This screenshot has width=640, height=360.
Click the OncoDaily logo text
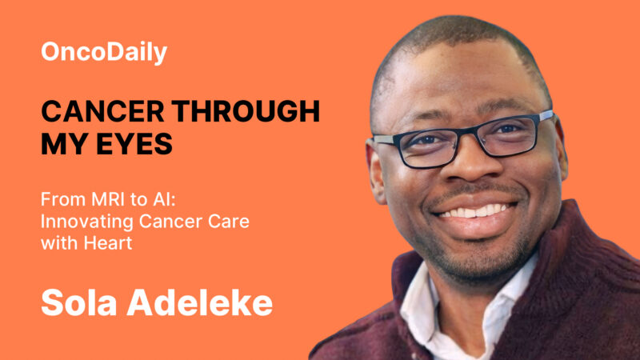(x=104, y=53)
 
